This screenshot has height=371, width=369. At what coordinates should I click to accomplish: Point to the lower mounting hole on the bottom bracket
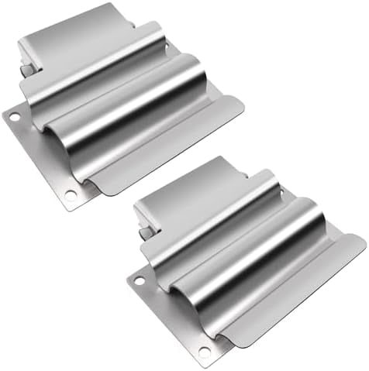point(203,351)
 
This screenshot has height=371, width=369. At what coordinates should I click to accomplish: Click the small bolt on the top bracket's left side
point(27,70)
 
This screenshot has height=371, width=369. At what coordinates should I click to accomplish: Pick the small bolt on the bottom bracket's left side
point(145,232)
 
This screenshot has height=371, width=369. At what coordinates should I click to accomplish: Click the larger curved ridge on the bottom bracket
point(256,256)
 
